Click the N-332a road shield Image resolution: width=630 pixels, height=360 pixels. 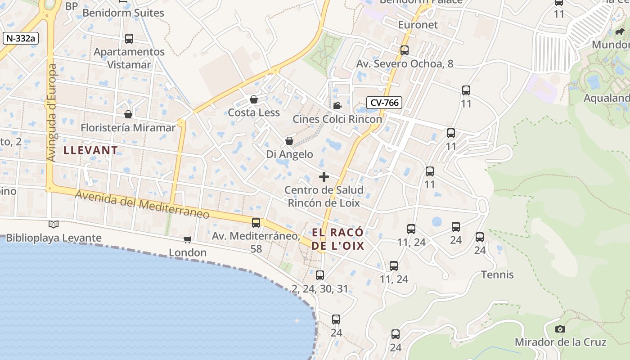[21, 38]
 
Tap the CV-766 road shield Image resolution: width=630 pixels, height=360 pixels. [383, 103]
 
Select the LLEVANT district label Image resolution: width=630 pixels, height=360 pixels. [90, 150]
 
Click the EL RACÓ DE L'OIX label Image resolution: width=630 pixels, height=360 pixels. [337, 239]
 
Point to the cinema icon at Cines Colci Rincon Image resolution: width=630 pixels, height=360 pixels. [337, 106]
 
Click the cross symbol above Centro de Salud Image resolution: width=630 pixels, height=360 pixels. [324, 177]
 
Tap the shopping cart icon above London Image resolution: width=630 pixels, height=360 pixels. [188, 239]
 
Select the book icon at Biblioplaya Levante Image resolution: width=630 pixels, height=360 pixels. [53, 224]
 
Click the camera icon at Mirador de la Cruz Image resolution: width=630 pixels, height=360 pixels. [560, 329]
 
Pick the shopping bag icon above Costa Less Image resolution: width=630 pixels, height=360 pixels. [254, 99]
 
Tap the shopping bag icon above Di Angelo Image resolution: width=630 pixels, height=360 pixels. [289, 141]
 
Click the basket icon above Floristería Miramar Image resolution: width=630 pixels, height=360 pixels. [128, 114]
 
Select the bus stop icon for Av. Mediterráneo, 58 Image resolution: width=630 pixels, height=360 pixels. [256, 222]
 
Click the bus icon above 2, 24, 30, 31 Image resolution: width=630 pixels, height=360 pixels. [320, 275]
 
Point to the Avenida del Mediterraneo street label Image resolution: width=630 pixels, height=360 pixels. [142, 204]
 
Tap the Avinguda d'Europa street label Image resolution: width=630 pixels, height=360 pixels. [51, 112]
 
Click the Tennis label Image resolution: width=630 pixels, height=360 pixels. [497, 274]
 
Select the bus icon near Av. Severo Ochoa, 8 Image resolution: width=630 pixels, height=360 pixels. [405, 50]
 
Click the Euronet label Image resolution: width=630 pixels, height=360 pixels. [418, 25]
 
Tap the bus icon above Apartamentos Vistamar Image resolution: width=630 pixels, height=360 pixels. [129, 39]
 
